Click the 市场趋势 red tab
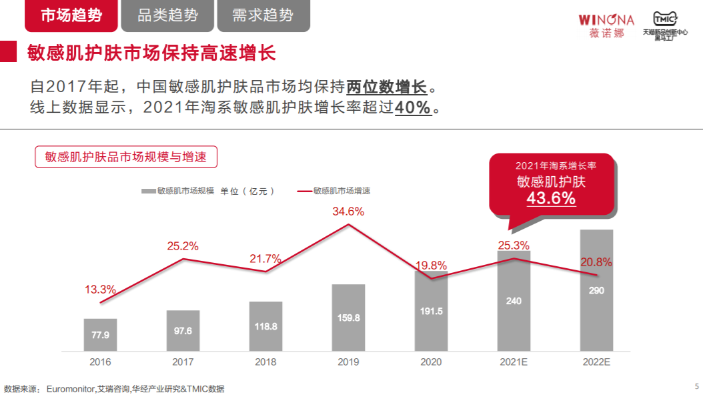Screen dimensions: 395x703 tap(71, 16)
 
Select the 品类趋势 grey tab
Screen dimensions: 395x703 tap(167, 16)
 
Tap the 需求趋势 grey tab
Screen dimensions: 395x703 tap(263, 16)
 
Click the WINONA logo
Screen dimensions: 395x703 tap(606, 25)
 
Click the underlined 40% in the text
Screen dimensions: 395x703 tap(413, 108)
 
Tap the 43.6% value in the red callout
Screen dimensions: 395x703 tap(551, 198)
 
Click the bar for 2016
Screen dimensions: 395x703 tap(100, 334)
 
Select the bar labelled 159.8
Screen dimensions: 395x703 tap(348, 318)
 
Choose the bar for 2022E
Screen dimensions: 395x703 tap(596, 290)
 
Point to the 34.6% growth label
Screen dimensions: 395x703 tap(348, 212)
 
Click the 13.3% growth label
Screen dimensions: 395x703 tap(100, 290)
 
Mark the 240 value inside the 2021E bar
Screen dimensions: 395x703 tap(514, 301)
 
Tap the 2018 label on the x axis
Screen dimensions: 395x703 tap(265, 362)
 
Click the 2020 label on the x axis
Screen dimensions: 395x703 tap(431, 362)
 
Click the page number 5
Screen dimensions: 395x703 tap(696, 386)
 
